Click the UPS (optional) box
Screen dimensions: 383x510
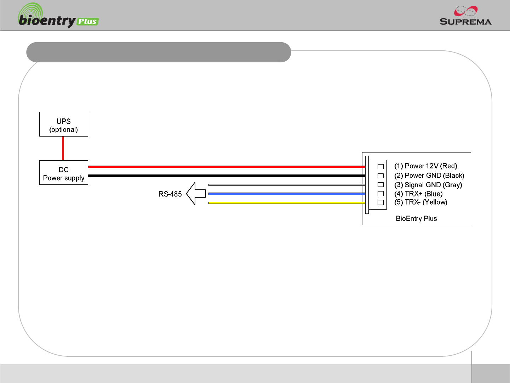click(x=64, y=124)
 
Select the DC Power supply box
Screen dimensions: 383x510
click(x=64, y=173)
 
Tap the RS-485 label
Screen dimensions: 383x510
click(x=170, y=194)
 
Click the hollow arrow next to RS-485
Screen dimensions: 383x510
click(x=196, y=194)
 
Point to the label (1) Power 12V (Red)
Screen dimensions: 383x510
click(x=425, y=166)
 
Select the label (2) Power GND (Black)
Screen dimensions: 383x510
click(x=429, y=176)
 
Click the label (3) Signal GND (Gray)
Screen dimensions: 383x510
click(x=428, y=185)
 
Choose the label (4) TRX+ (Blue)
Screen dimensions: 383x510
click(x=418, y=194)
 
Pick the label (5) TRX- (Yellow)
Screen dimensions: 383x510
click(x=420, y=202)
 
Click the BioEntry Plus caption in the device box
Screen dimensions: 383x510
click(x=416, y=218)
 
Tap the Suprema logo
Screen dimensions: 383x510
click(x=465, y=16)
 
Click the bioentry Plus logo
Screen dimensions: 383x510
click(x=58, y=17)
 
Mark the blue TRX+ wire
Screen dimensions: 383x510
click(x=287, y=194)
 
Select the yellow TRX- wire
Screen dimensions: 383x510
click(x=287, y=202)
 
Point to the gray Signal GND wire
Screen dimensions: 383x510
click(x=287, y=185)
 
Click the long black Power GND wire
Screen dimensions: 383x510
click(x=227, y=176)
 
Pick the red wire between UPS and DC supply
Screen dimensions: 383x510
click(x=63, y=148)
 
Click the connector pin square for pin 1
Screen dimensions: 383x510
click(x=381, y=167)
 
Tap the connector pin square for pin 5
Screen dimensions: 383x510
click(x=381, y=202)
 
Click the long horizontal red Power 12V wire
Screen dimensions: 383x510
click(x=227, y=166)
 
